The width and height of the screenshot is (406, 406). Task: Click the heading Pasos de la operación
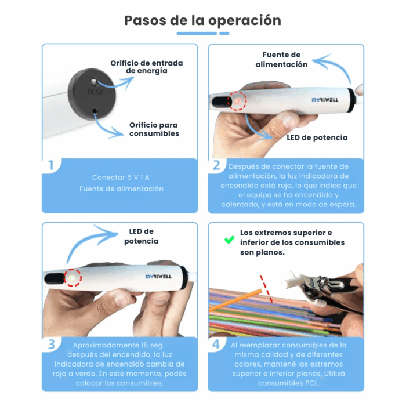[x=202, y=20]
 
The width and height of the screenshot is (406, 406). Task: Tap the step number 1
[x=51, y=166]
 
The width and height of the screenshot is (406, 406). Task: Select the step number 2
[x=216, y=166]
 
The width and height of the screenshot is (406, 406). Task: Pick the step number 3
[x=51, y=344]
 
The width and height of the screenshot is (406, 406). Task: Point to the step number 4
[x=216, y=344]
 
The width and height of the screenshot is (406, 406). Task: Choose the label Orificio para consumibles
[x=154, y=129]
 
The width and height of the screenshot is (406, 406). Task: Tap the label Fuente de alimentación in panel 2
[x=281, y=60]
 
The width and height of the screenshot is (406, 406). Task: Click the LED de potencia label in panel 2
[x=317, y=137]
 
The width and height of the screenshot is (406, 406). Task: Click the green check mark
[x=230, y=239]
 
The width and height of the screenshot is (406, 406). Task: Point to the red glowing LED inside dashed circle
[x=237, y=101]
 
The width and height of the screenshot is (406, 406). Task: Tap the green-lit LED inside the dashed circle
[x=72, y=278]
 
